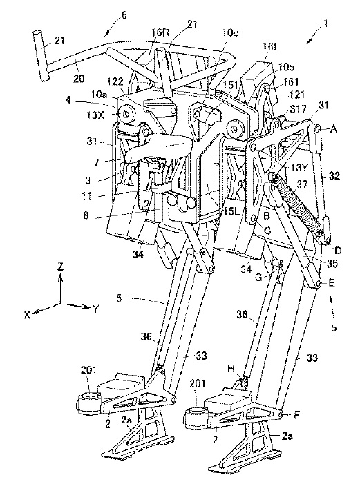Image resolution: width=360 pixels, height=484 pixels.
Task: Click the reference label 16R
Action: (x=160, y=32)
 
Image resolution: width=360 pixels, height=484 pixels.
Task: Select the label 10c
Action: (x=229, y=32)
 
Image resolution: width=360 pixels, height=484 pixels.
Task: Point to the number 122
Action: (x=115, y=81)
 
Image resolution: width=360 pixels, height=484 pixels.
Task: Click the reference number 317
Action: (x=298, y=108)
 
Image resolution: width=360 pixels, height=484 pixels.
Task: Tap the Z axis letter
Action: (x=61, y=266)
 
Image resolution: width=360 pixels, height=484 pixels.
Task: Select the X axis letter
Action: (x=28, y=315)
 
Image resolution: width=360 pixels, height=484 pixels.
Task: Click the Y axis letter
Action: (x=96, y=309)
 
